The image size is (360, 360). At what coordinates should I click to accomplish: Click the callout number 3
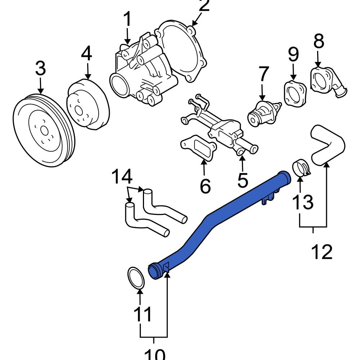tap(40, 68)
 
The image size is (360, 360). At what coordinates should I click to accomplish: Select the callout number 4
tap(86, 54)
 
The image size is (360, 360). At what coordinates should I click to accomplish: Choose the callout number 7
tap(264, 74)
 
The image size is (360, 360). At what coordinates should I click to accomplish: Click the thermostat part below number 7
tap(263, 113)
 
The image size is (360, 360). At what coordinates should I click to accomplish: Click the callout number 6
tap(205, 186)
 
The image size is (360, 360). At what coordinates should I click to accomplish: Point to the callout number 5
tap(243, 180)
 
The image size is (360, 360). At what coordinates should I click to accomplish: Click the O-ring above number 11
tap(136, 278)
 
